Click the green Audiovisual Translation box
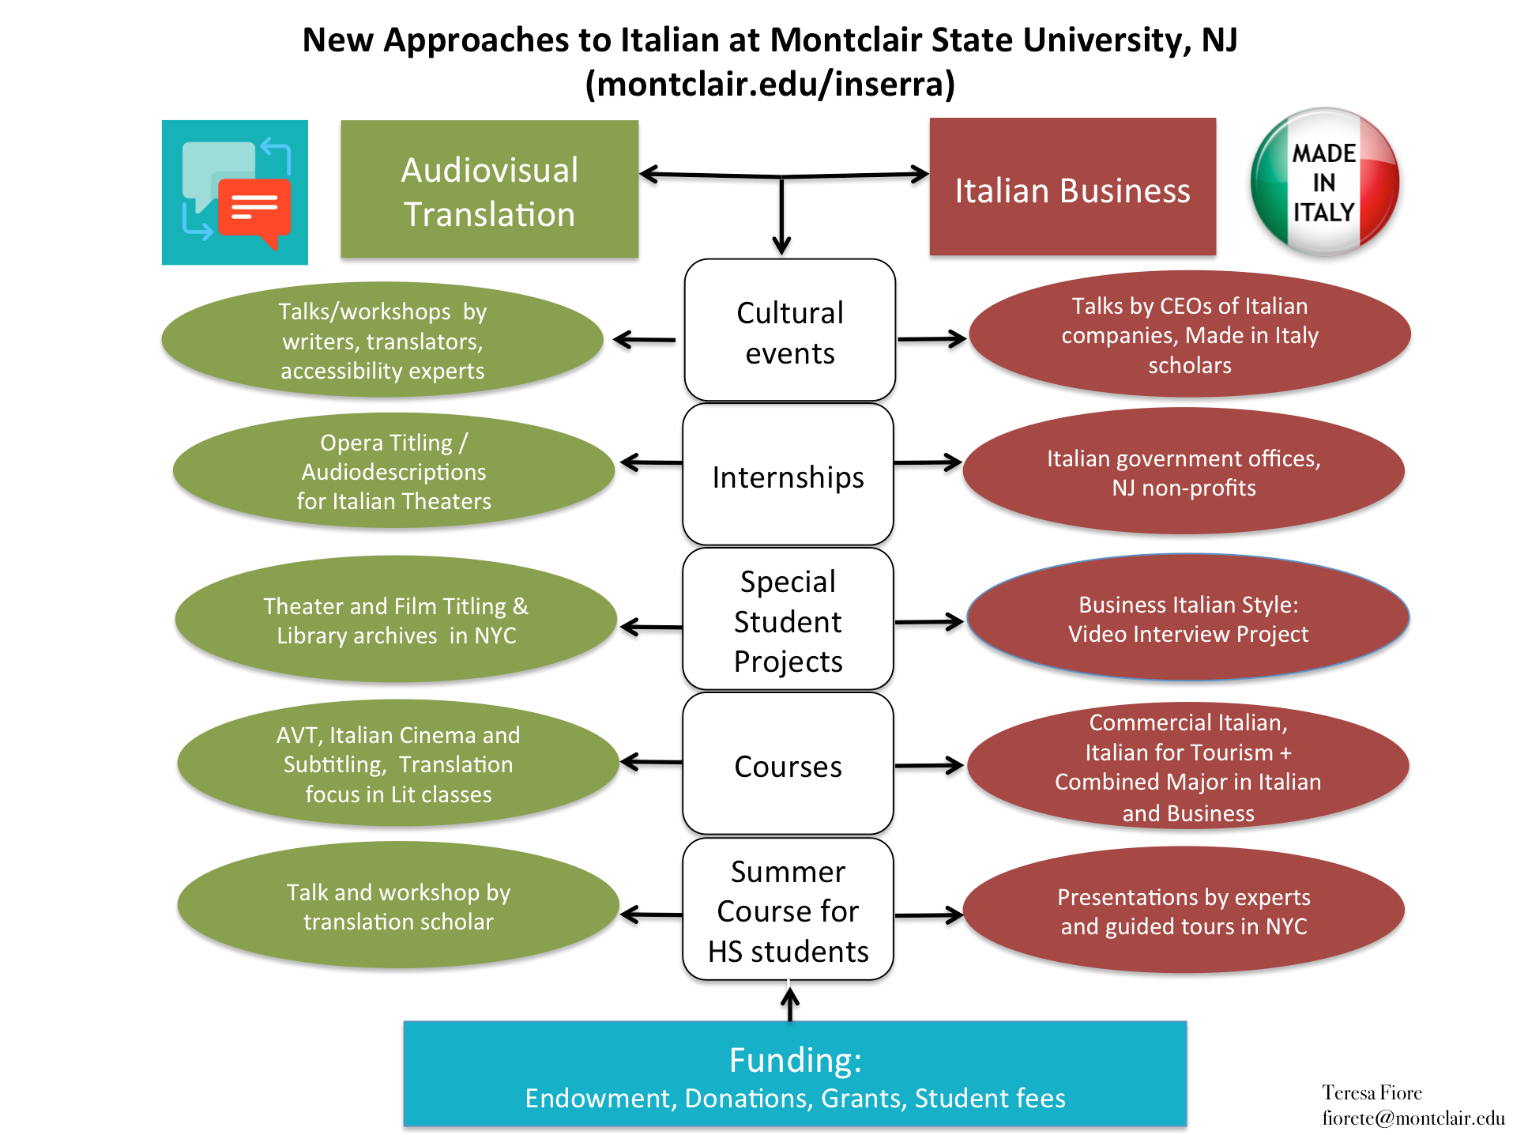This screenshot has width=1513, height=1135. coord(489,190)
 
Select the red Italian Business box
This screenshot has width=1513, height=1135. coord(1072,187)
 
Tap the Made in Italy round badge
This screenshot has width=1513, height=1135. coord(1324,183)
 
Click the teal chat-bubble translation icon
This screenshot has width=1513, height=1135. coord(235,193)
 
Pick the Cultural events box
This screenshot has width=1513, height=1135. coord(789,330)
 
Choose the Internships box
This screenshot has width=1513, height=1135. coord(788,475)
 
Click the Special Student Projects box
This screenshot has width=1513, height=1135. coord(788,620)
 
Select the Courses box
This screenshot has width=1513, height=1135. coord(788,764)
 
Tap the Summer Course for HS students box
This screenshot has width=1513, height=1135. coord(788,910)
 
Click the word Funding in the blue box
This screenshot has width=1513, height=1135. coord(794,1060)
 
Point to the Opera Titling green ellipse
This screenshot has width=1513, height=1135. coord(393,471)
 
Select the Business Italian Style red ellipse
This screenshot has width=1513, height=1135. coord(1187,618)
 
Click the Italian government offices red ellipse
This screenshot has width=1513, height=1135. coord(1183,472)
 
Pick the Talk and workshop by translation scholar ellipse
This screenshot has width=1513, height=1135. coord(398,906)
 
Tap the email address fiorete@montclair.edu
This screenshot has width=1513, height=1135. coord(1413,1118)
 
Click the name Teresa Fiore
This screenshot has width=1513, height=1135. coord(1372,1092)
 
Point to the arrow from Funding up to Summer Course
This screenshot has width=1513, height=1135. coord(789,1002)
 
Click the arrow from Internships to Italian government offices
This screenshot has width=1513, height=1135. coord(928,462)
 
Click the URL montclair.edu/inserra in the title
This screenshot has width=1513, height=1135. coord(770,84)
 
